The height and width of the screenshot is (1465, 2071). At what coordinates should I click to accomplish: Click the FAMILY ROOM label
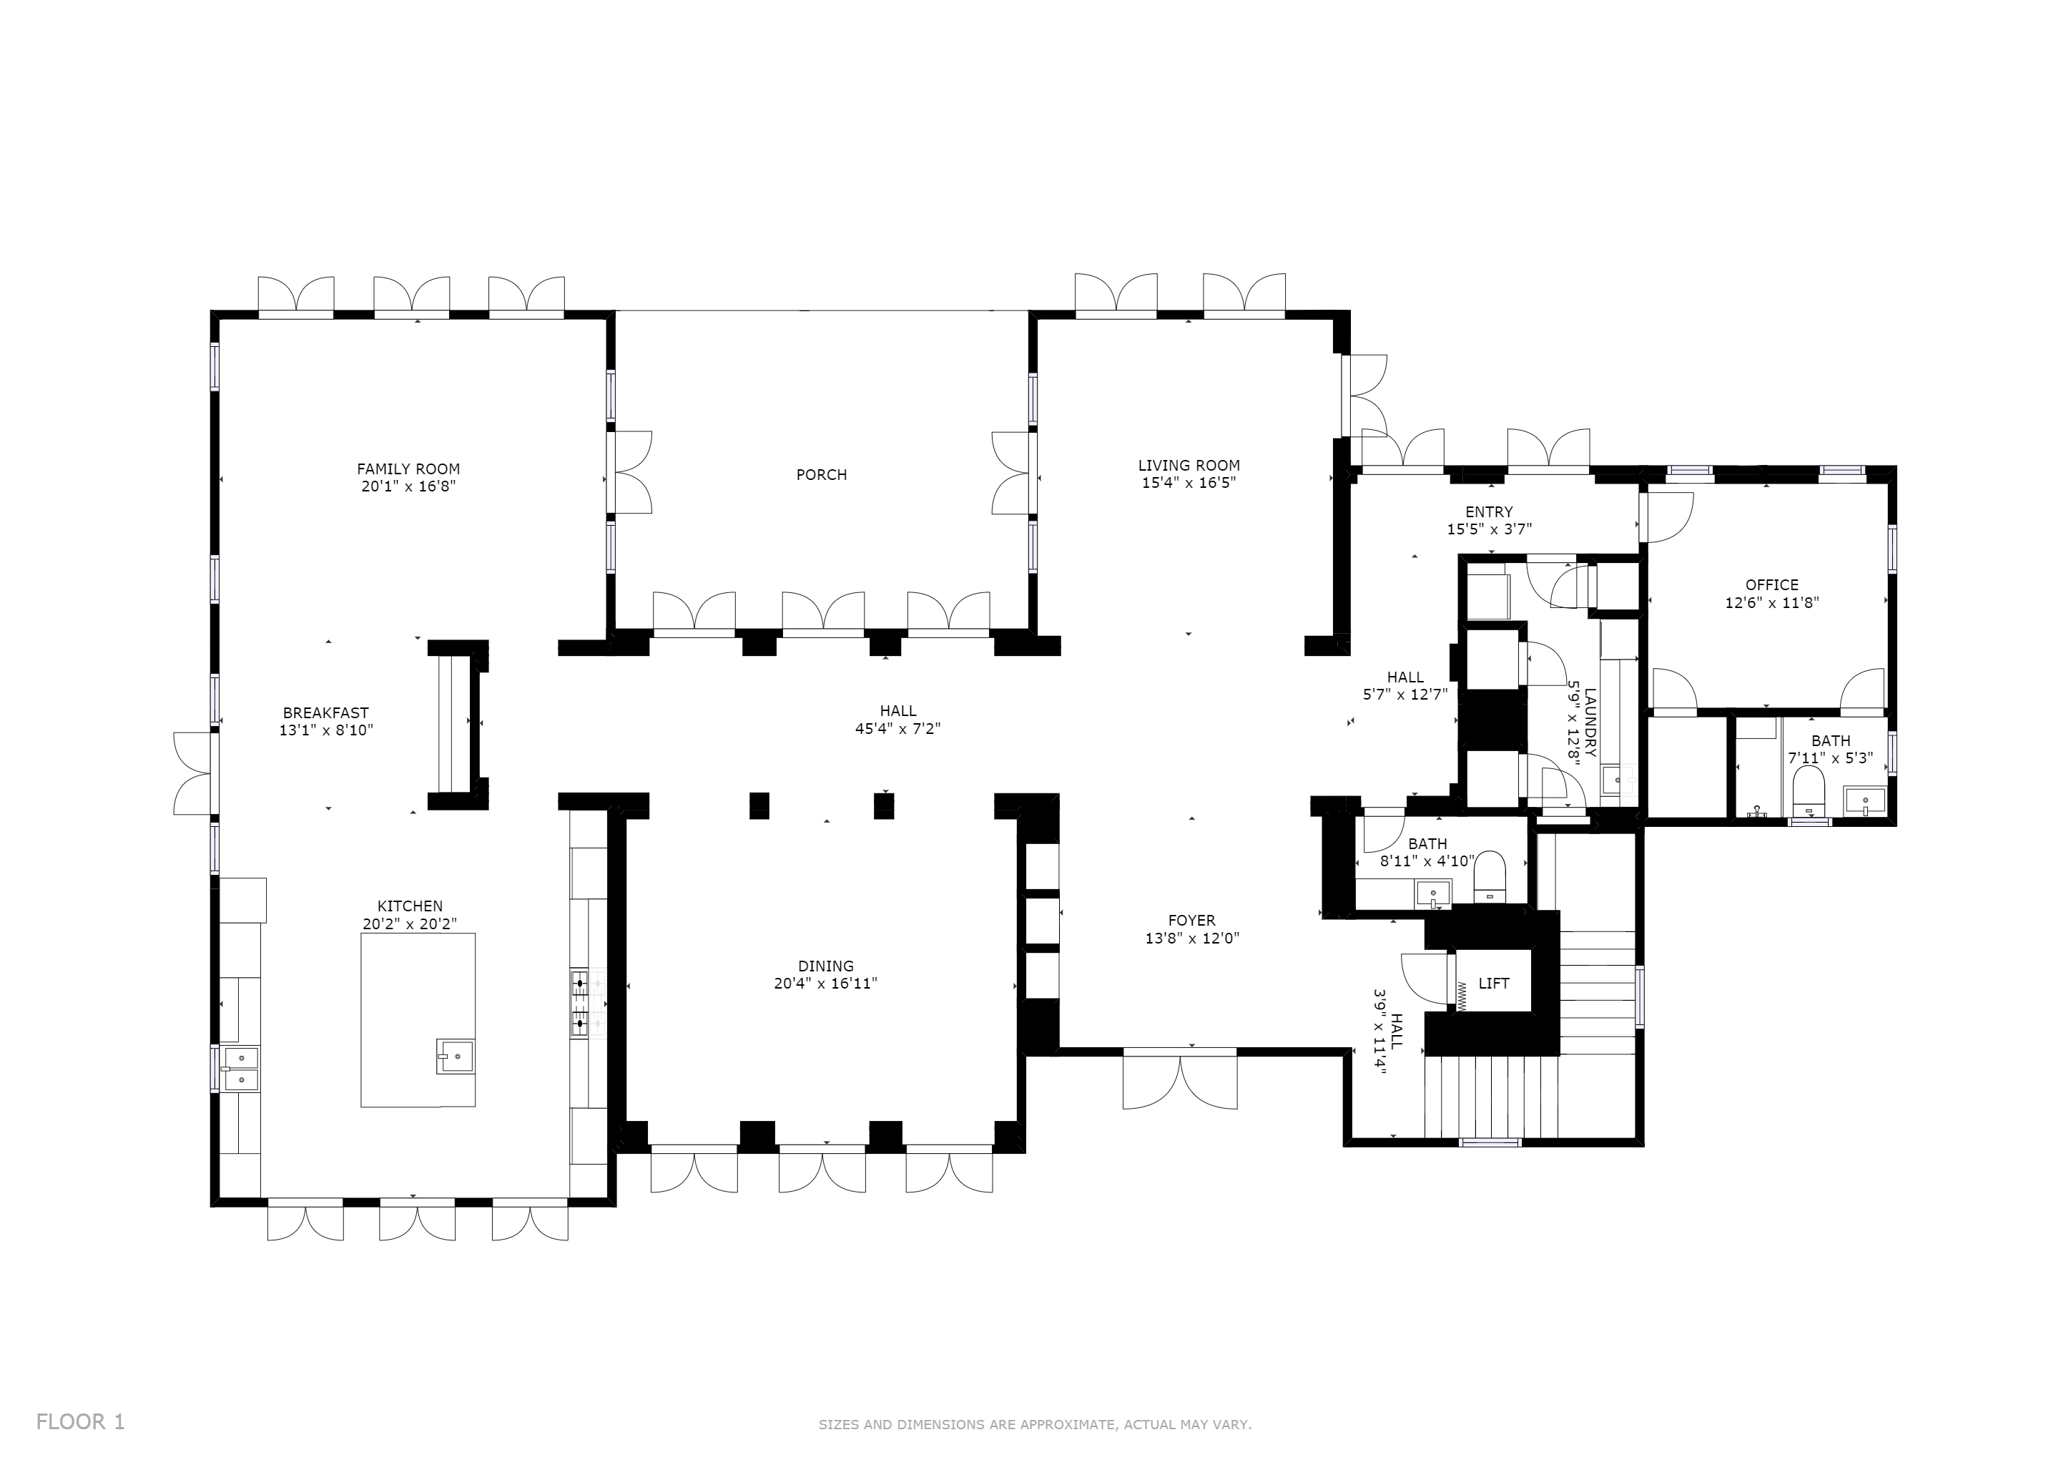tap(408, 469)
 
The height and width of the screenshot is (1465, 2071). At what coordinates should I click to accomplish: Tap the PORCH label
tap(821, 474)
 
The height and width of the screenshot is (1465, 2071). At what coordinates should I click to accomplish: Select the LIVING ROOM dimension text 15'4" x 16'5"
tap(1189, 483)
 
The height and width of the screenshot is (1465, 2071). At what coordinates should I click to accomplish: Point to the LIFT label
tap(1494, 984)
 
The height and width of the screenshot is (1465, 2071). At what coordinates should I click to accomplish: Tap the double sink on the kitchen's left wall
tap(240, 1069)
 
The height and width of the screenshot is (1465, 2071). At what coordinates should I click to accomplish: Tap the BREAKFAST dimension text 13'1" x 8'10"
tap(325, 730)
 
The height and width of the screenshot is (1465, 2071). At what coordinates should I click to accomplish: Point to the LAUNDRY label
tap(1589, 722)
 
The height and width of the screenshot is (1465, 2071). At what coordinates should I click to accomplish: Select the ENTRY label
tap(1489, 512)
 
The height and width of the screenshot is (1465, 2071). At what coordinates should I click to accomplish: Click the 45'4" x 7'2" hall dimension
tap(897, 729)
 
